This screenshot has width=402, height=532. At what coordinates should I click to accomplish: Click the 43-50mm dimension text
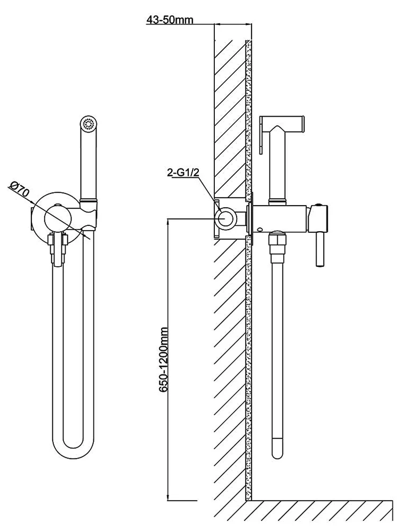click(170, 20)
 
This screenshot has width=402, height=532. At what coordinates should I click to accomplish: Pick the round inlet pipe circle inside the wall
click(227, 218)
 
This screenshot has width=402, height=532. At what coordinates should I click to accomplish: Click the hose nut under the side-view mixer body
click(277, 245)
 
